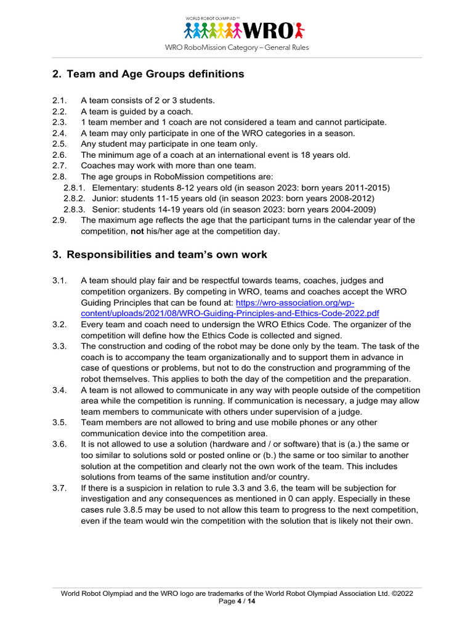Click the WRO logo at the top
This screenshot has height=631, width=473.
point(245,29)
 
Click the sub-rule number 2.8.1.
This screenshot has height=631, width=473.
point(75,188)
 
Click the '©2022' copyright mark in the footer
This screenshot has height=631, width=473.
point(400,593)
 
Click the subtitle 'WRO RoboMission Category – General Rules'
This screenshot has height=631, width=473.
point(236,47)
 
